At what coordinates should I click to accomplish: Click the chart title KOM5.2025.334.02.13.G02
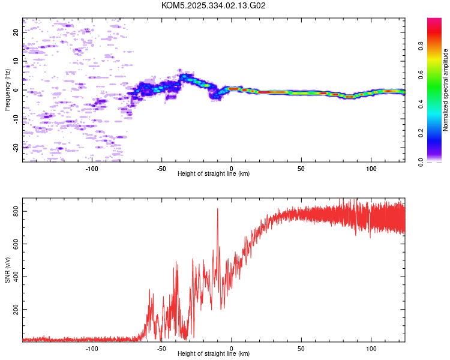214,5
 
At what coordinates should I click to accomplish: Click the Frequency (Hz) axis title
7,90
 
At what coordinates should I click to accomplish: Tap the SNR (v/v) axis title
7,270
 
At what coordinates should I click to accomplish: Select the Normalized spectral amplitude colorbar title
446,90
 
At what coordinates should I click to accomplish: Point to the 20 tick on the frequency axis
16,32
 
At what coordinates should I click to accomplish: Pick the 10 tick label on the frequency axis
16,61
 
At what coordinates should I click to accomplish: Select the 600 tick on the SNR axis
16,244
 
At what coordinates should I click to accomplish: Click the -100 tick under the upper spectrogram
92,169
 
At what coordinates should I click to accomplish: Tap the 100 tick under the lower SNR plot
371,349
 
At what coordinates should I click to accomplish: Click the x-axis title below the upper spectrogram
214,174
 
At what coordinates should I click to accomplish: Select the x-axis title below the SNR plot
214,354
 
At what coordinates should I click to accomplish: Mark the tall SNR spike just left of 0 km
217,209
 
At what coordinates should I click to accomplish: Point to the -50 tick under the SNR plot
161,349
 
